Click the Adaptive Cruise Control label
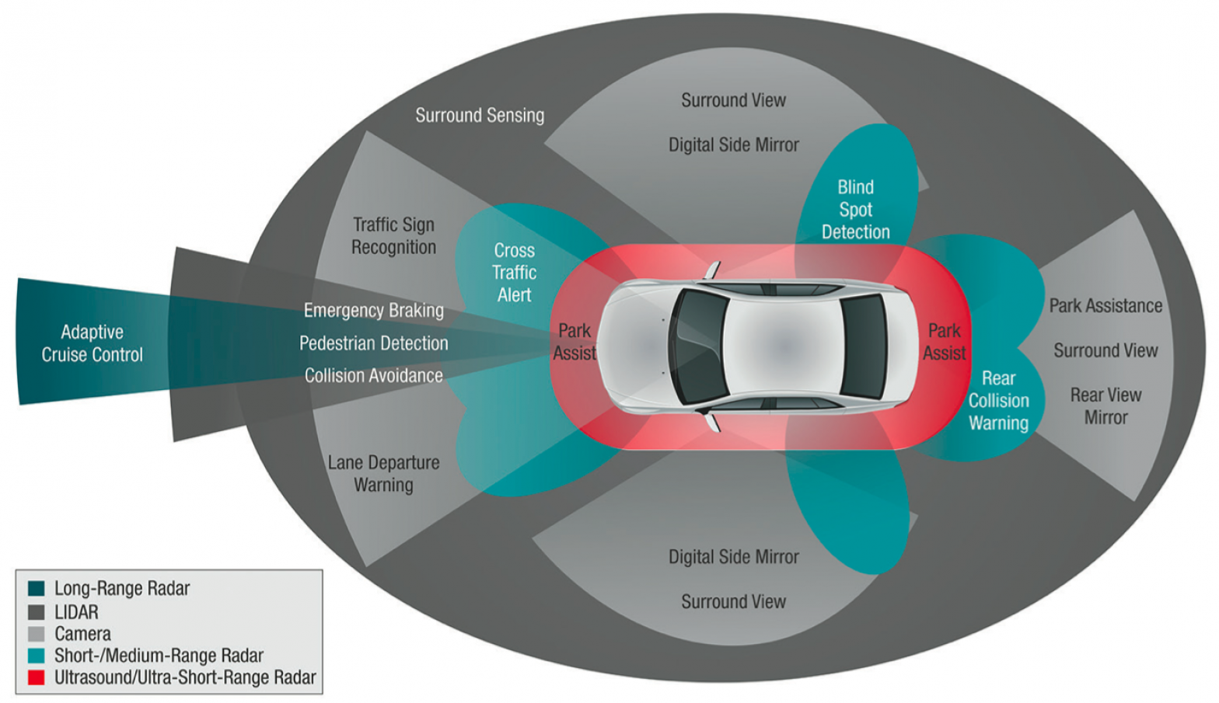click(92, 343)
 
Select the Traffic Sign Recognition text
click(393, 236)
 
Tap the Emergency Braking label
click(373, 311)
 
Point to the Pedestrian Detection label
click(373, 343)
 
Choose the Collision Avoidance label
click(373, 376)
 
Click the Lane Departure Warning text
click(383, 474)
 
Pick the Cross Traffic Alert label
click(514, 273)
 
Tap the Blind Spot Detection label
click(855, 210)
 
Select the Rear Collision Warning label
click(998, 401)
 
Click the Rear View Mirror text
click(1105, 406)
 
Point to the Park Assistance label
click(1105, 306)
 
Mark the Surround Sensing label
click(480, 116)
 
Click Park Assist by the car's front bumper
click(575, 342)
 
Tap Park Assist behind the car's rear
click(944, 342)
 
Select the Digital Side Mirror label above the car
click(733, 145)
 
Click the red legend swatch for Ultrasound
click(36, 677)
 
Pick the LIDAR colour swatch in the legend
click(36, 612)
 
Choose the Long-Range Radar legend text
click(122, 589)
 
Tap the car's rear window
click(863, 346)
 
